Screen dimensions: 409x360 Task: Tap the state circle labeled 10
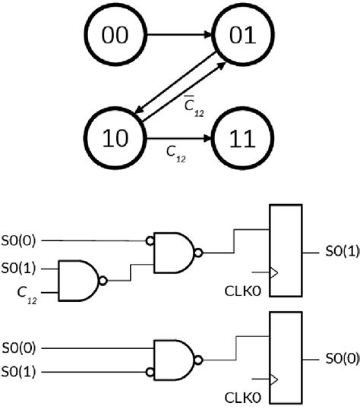point(115,140)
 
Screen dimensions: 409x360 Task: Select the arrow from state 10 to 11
point(178,140)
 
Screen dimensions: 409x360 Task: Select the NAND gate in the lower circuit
point(175,360)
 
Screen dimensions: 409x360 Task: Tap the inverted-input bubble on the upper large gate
point(149,242)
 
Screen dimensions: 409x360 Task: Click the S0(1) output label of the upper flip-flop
point(341,251)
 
